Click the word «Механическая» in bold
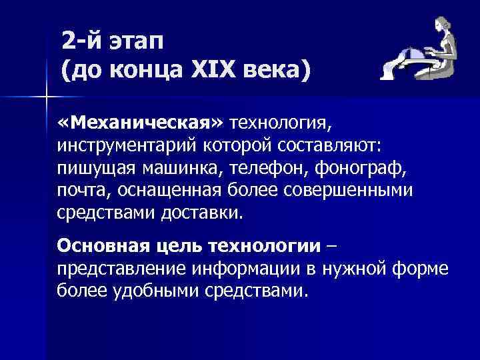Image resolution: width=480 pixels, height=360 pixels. tap(143, 123)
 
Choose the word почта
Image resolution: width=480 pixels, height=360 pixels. tap(84, 190)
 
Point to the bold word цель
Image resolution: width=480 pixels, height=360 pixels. tap(180, 246)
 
